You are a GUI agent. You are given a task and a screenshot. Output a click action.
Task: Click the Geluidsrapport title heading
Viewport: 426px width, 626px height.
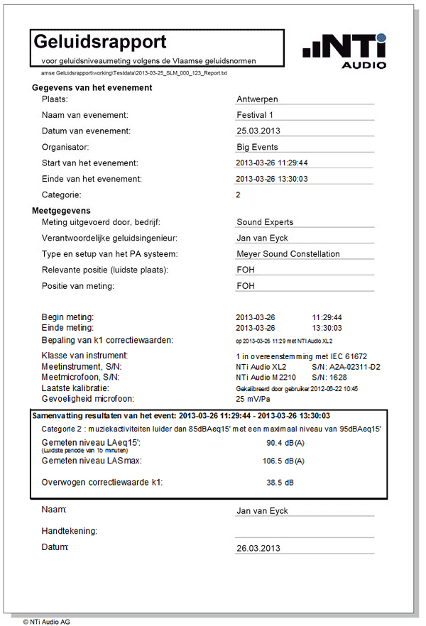[100, 42]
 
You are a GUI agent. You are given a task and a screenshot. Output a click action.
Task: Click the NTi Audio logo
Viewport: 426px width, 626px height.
[345, 52]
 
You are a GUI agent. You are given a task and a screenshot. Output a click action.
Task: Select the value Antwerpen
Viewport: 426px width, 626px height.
[257, 99]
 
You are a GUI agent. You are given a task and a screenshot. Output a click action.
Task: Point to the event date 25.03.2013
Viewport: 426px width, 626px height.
[259, 131]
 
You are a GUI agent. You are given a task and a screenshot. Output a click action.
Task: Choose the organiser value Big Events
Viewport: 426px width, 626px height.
[257, 148]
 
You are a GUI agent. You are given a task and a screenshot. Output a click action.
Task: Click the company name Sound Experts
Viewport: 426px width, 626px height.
[265, 222]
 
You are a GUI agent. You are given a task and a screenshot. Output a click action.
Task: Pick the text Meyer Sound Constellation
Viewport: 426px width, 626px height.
[288, 253]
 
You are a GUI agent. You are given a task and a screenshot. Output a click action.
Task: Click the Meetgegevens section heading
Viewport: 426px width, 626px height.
[61, 211]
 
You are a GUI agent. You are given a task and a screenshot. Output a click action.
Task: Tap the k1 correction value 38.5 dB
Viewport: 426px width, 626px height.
[280, 483]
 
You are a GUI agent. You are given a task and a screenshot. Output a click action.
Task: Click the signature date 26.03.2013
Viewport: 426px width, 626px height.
[258, 548]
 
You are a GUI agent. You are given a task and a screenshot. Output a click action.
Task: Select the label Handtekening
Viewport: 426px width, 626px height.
[70, 531]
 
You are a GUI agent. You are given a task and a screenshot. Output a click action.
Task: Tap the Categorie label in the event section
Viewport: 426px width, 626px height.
[62, 194]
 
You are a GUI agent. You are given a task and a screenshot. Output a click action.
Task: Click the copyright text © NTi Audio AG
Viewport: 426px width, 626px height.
[46, 621]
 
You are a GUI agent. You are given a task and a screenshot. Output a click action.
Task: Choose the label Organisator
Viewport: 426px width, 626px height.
[65, 148]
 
